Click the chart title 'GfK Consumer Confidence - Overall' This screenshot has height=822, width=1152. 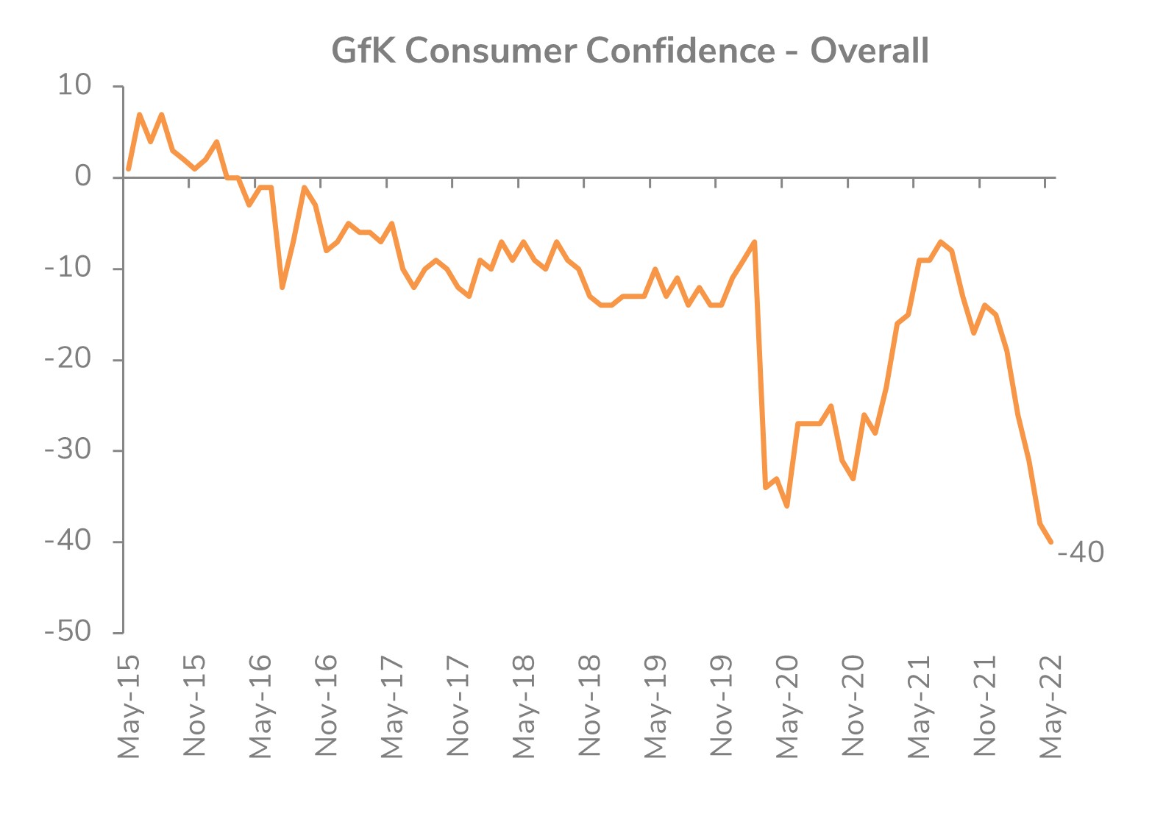click(630, 51)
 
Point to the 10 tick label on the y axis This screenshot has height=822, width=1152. click(74, 85)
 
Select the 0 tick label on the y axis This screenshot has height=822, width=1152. click(82, 177)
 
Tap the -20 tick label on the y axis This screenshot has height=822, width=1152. click(68, 359)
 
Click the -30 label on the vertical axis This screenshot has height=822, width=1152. click(68, 450)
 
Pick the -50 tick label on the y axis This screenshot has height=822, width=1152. click(68, 631)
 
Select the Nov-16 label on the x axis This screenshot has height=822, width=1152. click(326, 705)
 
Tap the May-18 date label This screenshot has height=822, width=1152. click(524, 705)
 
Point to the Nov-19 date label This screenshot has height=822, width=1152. click(722, 705)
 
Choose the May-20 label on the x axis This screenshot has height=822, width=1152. click(787, 705)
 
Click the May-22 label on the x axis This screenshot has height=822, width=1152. click(1050, 705)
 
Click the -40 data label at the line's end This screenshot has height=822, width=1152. click(1080, 552)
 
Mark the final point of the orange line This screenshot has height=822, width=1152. click(1050, 542)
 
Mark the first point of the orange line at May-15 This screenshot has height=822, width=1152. click(129, 169)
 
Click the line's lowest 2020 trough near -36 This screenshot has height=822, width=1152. click(787, 506)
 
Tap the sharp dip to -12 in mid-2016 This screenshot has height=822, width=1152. click(282, 287)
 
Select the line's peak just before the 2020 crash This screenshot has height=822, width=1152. click(755, 242)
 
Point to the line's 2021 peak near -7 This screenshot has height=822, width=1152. click(941, 242)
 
